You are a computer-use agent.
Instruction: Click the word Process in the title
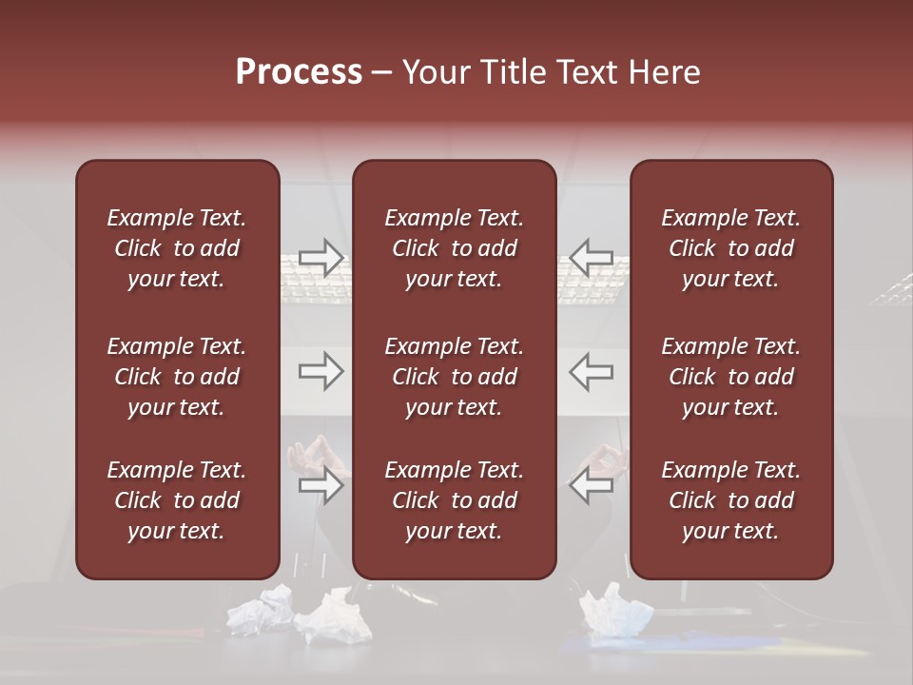299,71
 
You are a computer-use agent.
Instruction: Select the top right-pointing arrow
321,258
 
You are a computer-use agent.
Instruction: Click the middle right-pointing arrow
321,371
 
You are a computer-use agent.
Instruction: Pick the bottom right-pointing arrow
321,486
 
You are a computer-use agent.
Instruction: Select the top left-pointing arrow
592,258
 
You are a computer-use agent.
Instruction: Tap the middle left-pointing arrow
592,371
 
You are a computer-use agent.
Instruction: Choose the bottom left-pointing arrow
592,486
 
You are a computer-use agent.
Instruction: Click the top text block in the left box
177,248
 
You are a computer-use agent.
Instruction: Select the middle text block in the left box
177,377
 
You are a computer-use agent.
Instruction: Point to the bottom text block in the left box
177,500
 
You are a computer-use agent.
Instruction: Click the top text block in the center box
454,248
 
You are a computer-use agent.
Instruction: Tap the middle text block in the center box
454,377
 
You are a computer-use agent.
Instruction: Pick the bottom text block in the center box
454,500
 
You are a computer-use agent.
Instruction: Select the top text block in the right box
730,248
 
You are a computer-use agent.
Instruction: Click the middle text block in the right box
730,377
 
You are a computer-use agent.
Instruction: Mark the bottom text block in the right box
730,500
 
